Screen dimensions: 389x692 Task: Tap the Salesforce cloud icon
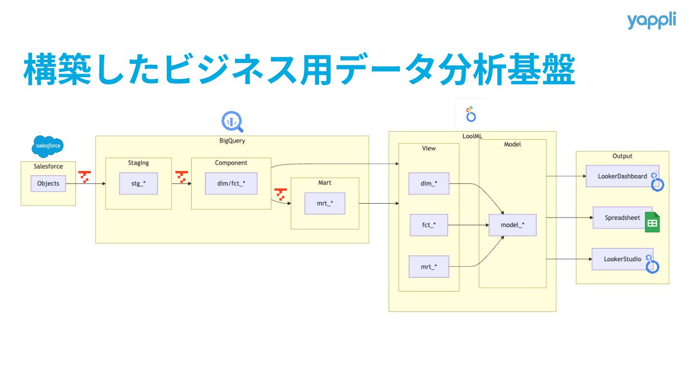48,146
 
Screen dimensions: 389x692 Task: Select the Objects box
48,183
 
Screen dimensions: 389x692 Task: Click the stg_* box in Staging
138,183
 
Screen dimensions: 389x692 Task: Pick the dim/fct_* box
231,183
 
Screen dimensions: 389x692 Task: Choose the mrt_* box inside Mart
325,203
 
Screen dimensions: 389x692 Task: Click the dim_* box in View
429,183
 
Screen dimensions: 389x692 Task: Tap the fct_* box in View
429,225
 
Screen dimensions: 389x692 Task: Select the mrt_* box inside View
429,267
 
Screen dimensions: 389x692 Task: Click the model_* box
512,225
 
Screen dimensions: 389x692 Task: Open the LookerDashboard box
622,176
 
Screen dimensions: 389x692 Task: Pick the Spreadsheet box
622,218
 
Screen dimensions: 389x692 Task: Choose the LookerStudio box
622,259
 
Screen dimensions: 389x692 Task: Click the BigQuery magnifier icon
232,122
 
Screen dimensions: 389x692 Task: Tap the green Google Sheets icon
652,222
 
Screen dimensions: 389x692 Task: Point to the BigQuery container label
232,141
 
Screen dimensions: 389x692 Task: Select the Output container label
622,156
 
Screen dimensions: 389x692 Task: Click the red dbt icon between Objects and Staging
85,177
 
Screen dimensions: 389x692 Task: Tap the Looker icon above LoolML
471,114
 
